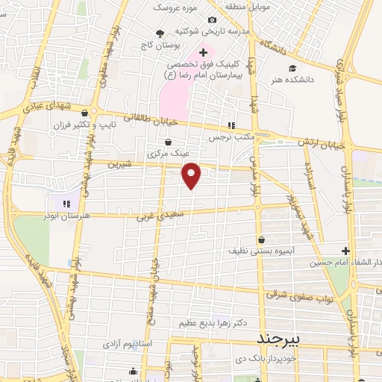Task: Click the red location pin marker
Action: tap(192, 175)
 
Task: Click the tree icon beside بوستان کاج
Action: tap(160, 33)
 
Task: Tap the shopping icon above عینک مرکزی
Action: tap(168, 142)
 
